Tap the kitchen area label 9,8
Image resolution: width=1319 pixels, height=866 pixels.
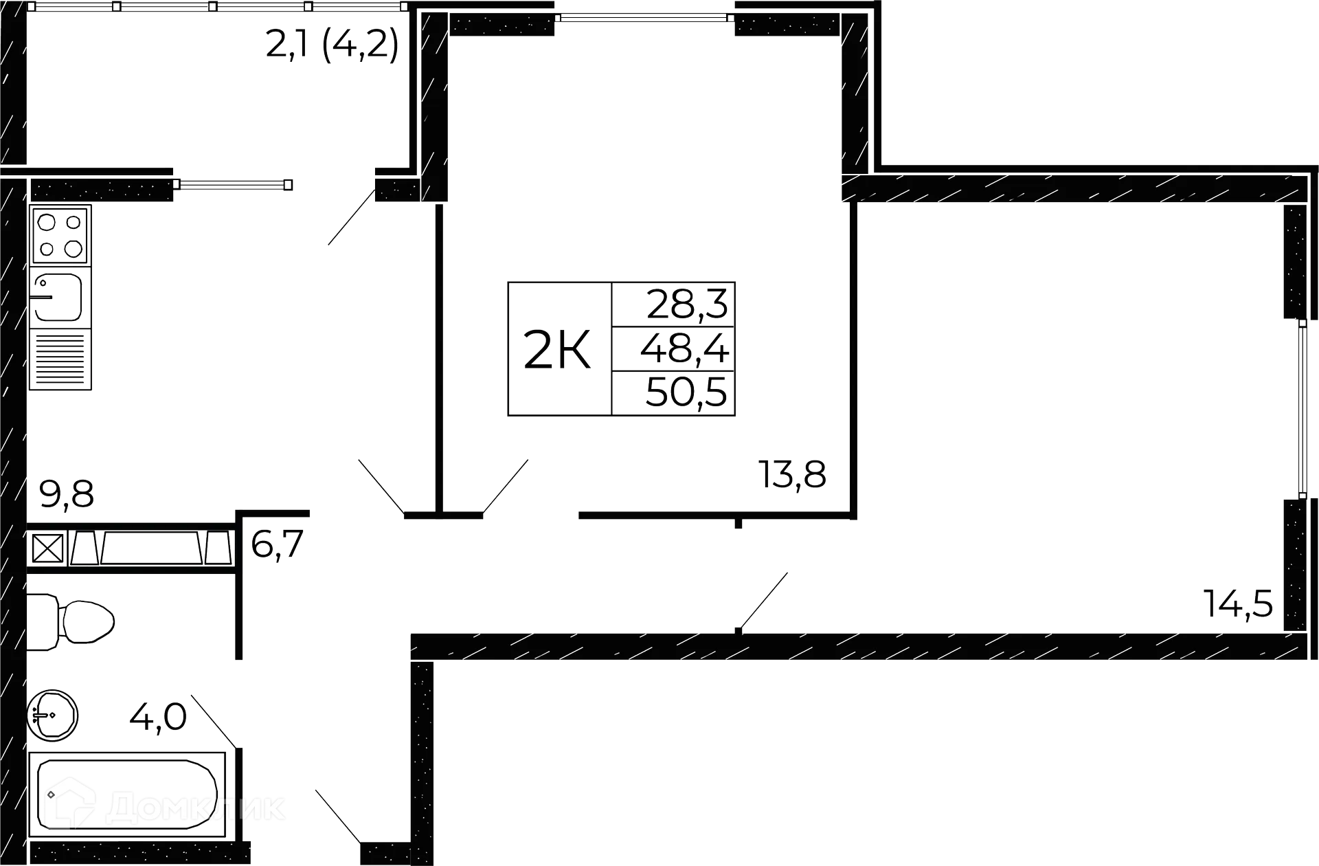pos(67,495)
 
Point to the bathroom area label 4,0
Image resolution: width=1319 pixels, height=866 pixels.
pos(157,719)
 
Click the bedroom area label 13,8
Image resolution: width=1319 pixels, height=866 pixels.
pos(793,474)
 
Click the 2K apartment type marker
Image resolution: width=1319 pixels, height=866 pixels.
pos(557,350)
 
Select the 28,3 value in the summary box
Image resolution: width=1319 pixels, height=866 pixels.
pos(686,304)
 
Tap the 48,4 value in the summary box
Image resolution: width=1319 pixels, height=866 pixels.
pos(684,350)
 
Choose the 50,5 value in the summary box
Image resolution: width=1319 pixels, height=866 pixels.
pos(685,394)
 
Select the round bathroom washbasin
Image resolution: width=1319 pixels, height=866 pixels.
pos(54,715)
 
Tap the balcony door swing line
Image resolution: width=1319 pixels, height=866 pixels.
pos(350,217)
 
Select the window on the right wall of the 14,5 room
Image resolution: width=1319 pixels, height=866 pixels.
pos(1300,408)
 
